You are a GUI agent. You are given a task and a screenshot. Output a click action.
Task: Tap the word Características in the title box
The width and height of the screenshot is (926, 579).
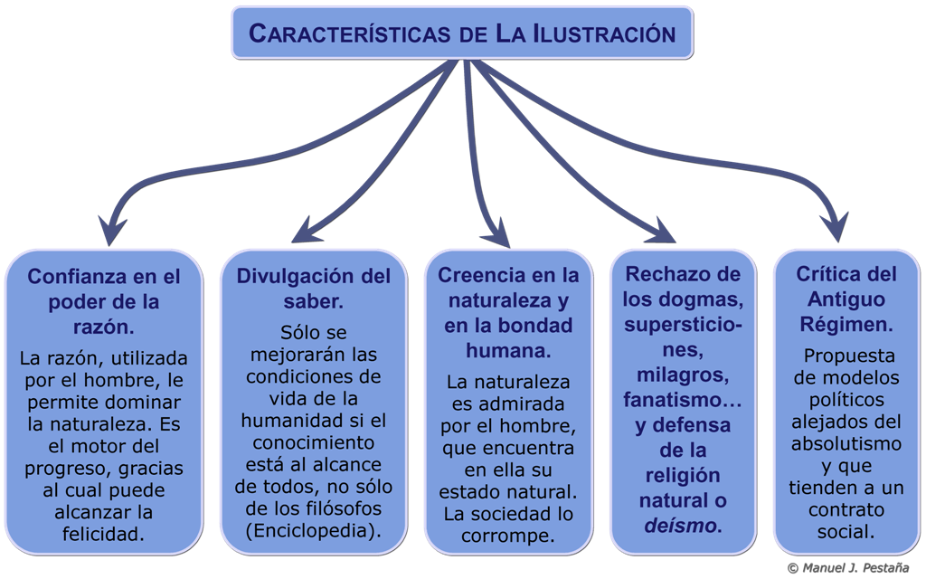pos(349,33)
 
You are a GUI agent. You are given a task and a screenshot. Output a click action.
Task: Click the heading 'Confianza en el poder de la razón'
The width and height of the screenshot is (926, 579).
pos(103,299)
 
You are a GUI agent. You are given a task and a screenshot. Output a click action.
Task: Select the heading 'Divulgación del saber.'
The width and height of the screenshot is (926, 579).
pos(314,287)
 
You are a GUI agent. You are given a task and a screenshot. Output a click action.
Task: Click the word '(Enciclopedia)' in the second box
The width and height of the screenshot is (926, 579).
pos(313,530)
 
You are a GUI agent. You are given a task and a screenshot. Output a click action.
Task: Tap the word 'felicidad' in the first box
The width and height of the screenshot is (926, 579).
pos(103,534)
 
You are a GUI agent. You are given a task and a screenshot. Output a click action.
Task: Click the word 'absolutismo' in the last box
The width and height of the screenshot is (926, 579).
pos(846,444)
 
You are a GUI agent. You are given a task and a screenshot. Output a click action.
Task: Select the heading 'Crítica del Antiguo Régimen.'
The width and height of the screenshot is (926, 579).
pos(846,299)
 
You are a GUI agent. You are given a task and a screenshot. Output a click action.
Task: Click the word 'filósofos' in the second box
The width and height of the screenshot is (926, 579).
pos(343,508)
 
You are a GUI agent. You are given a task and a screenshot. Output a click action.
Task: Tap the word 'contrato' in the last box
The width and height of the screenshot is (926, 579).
pos(846,508)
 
